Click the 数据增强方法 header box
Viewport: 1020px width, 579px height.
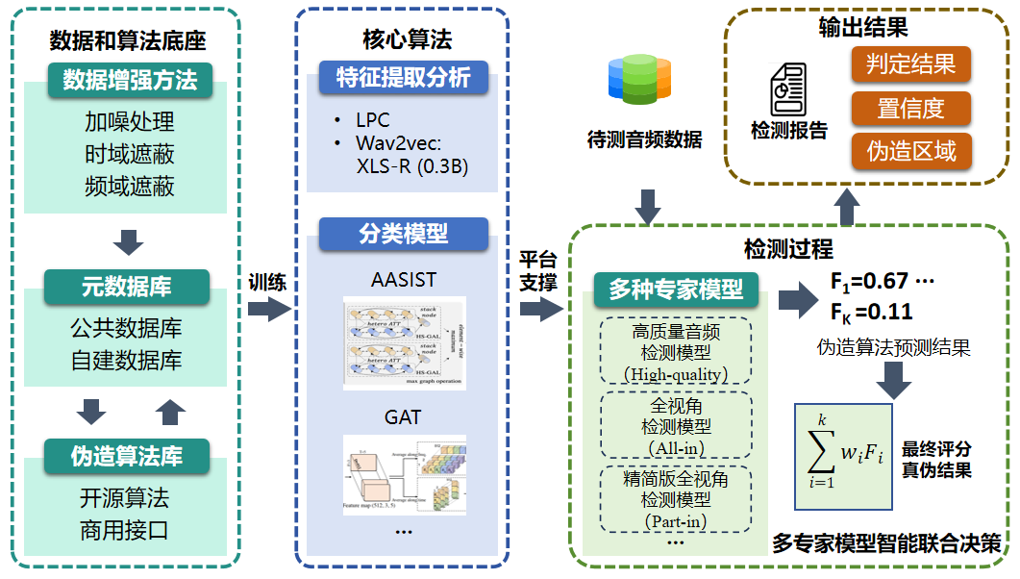pos(130,80)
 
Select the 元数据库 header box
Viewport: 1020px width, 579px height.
pos(126,286)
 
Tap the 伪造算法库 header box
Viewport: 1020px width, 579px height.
pos(126,455)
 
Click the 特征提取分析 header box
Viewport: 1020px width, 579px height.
pos(403,78)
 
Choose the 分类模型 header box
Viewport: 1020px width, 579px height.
pos(403,233)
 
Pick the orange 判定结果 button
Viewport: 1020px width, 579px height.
pos(910,64)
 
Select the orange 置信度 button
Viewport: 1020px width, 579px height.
pos(910,109)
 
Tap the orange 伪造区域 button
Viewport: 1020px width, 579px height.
pos(910,152)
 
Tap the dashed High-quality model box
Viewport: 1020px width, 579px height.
pos(675,352)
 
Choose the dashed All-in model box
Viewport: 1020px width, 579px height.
pos(675,424)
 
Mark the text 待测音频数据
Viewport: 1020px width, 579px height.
pos(644,139)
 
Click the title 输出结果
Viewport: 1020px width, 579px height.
pos(863,25)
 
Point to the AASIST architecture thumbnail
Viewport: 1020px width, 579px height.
pos(404,340)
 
